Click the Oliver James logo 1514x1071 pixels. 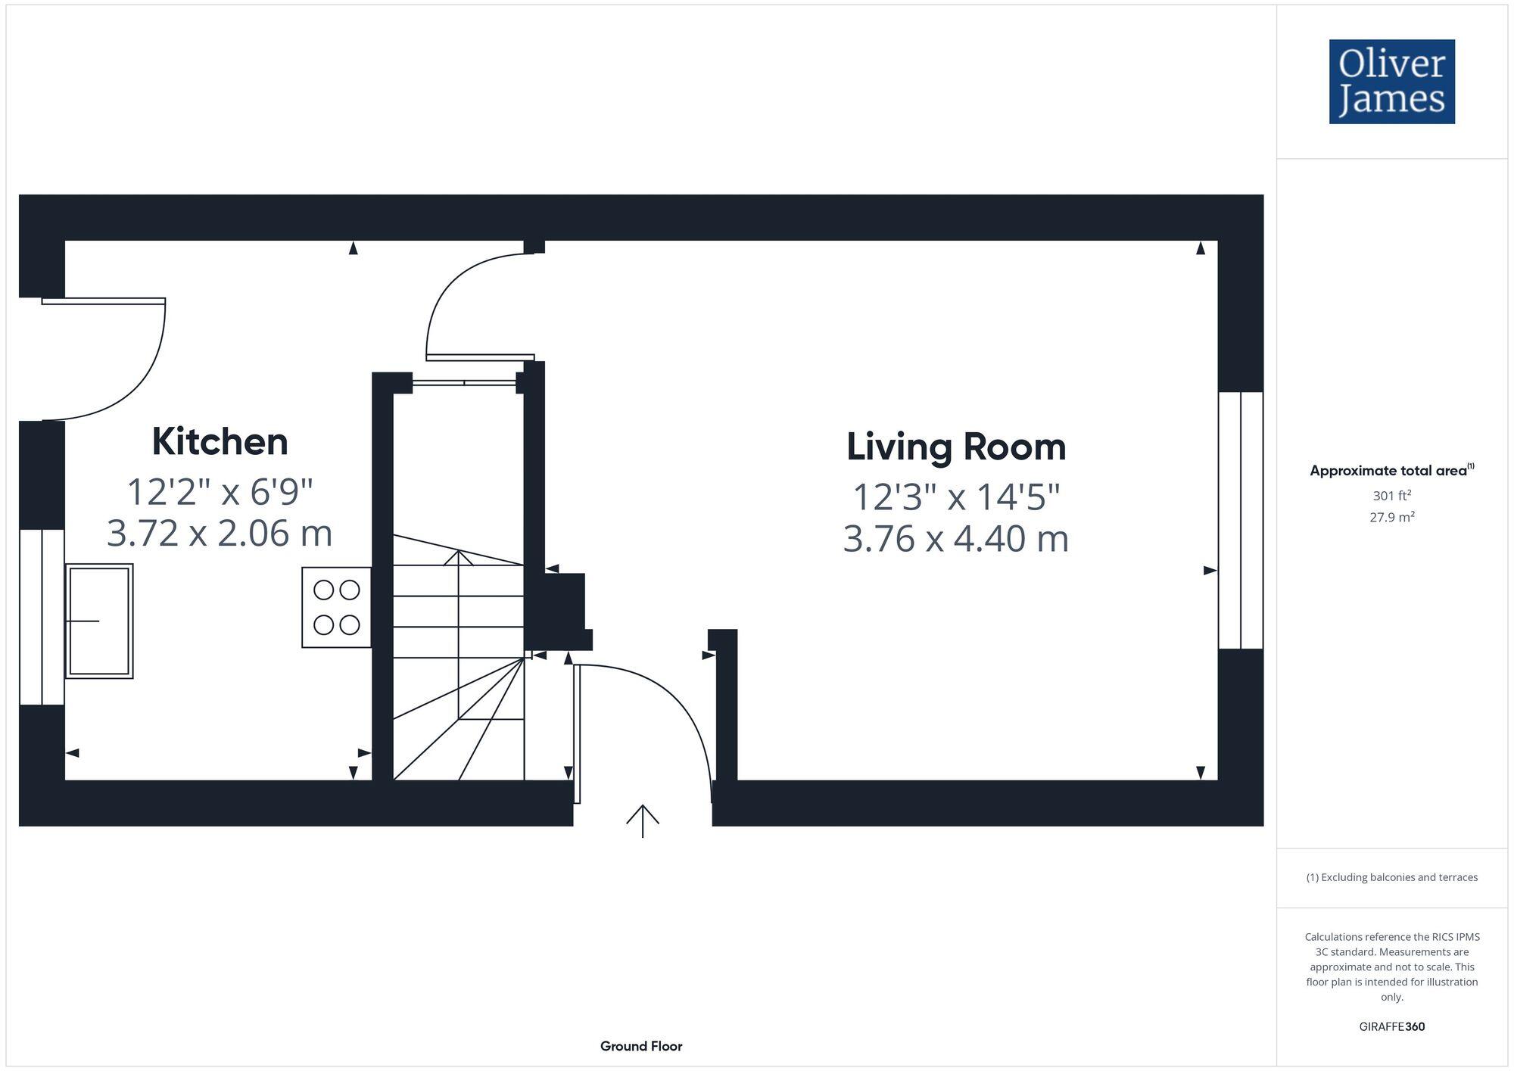click(1391, 82)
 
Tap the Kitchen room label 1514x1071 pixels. click(220, 441)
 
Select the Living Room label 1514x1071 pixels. click(955, 447)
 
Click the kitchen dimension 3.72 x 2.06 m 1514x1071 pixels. click(220, 533)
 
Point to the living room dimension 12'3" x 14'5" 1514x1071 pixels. click(955, 497)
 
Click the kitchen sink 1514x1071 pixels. click(99, 621)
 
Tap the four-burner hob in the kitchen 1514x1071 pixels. click(336, 607)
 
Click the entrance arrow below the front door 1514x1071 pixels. click(642, 820)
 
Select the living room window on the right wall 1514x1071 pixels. click(1240, 520)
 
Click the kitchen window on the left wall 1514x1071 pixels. click(42, 617)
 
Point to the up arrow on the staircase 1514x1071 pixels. click(458, 559)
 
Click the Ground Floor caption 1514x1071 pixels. click(640, 1046)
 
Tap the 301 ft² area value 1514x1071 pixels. click(1391, 496)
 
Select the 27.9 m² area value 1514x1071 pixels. click(1391, 518)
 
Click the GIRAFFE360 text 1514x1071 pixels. click(1391, 1026)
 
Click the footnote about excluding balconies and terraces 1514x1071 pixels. click(1391, 877)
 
